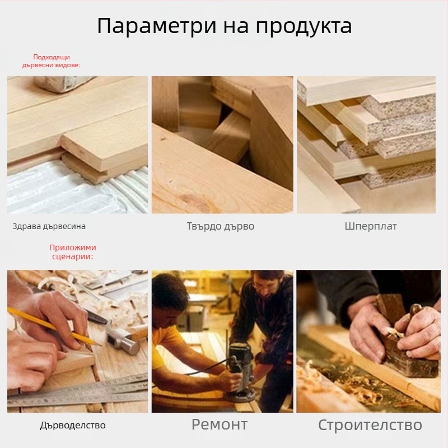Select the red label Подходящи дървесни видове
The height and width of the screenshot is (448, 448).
point(52,61)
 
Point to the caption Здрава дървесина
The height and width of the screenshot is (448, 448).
point(49,227)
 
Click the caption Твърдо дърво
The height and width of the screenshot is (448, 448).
point(221,227)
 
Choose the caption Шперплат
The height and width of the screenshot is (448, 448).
point(371,226)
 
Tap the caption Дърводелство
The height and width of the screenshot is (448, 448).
point(73,425)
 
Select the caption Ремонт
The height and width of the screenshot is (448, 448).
point(220,424)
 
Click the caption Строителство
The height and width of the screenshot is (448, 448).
point(370,424)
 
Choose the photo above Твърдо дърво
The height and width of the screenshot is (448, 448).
point(222,144)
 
